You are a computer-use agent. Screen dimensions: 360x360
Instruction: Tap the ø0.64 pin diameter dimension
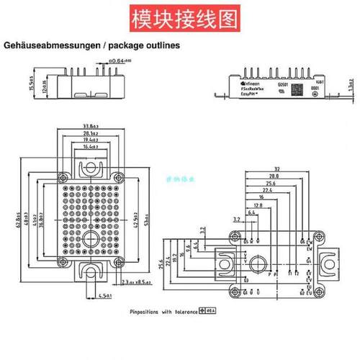click(119, 63)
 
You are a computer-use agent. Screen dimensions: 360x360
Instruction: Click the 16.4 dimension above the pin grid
click(91, 146)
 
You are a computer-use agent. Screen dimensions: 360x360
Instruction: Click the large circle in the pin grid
click(91, 237)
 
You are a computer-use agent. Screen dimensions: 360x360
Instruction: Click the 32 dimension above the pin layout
click(277, 168)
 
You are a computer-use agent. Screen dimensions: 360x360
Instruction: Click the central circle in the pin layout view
click(274, 273)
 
